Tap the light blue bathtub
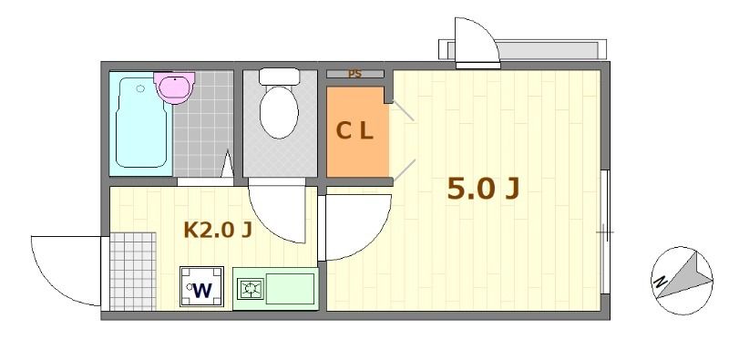coord(140,123)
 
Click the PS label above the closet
coord(354,74)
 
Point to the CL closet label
coord(354,131)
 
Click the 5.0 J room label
coord(482,189)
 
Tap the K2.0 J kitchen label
coord(218,230)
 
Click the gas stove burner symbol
coord(249,290)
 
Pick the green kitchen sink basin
coord(289,290)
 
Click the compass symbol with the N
coord(681,279)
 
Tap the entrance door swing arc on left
coord(64,269)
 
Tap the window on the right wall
coord(604,232)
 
